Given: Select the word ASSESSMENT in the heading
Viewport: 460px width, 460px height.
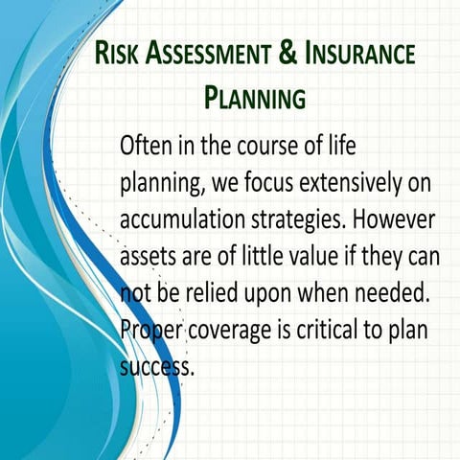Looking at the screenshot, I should tap(205, 55).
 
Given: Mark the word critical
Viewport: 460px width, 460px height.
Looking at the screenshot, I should tap(334, 329).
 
